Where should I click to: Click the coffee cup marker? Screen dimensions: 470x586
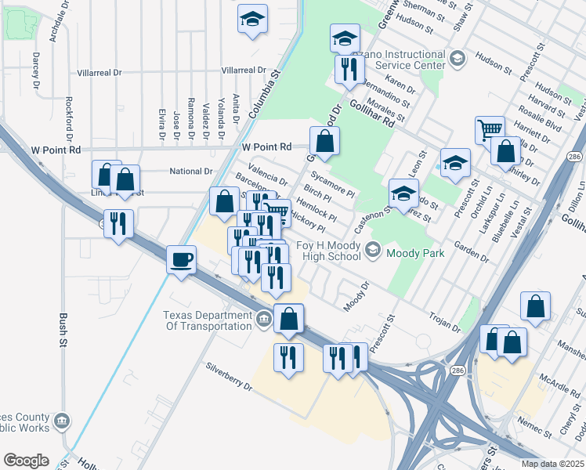pyautogui.click(x=182, y=258)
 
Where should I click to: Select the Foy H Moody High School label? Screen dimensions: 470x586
pyautogui.click(x=329, y=251)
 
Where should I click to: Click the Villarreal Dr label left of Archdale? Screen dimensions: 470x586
pyautogui.click(x=99, y=72)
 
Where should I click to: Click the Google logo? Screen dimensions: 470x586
pyautogui.click(x=26, y=461)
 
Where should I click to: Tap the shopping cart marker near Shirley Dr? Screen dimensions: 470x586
pyautogui.click(x=490, y=129)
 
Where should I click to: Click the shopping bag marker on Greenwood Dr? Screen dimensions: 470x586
pyautogui.click(x=324, y=142)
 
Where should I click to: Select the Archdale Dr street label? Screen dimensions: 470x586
pyautogui.click(x=56, y=29)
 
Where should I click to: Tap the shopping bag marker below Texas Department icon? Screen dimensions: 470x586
pyautogui.click(x=289, y=318)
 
